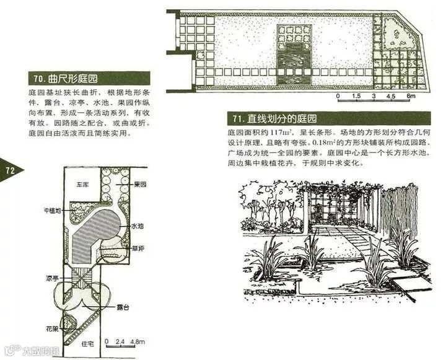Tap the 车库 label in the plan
(83, 184)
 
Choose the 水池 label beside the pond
(138, 228)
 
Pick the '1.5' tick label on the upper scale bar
(356, 97)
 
